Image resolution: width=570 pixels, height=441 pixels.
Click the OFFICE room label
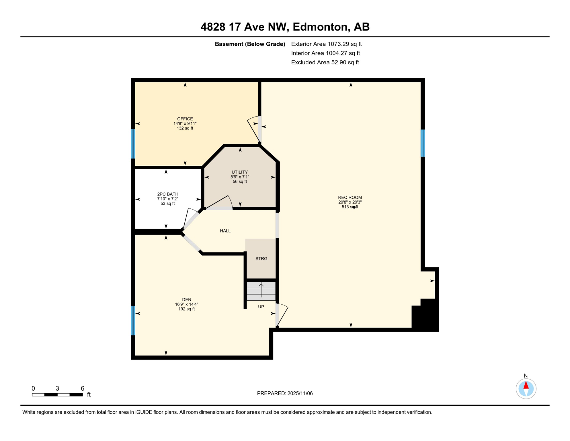(x=185, y=119)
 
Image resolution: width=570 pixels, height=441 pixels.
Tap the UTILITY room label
(x=240, y=172)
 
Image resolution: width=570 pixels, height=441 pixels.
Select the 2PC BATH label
(x=168, y=194)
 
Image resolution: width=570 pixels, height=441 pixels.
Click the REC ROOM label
(x=350, y=198)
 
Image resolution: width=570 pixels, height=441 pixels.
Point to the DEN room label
(x=186, y=300)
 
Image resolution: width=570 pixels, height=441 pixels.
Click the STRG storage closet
(x=261, y=259)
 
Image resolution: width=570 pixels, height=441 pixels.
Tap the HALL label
(x=225, y=231)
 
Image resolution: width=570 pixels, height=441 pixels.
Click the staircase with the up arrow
(x=261, y=291)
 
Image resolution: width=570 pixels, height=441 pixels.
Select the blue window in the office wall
(x=133, y=144)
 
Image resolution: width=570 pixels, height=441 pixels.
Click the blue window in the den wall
(x=133, y=320)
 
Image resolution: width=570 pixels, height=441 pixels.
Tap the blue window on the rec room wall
(x=423, y=143)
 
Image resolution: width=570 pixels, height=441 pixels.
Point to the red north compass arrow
(x=526, y=385)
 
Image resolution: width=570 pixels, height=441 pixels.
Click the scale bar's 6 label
(x=83, y=388)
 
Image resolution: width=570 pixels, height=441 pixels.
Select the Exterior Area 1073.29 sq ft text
(x=326, y=44)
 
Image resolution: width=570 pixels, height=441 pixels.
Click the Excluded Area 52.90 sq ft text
(x=325, y=62)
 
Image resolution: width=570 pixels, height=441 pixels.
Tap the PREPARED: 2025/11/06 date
(x=285, y=393)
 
